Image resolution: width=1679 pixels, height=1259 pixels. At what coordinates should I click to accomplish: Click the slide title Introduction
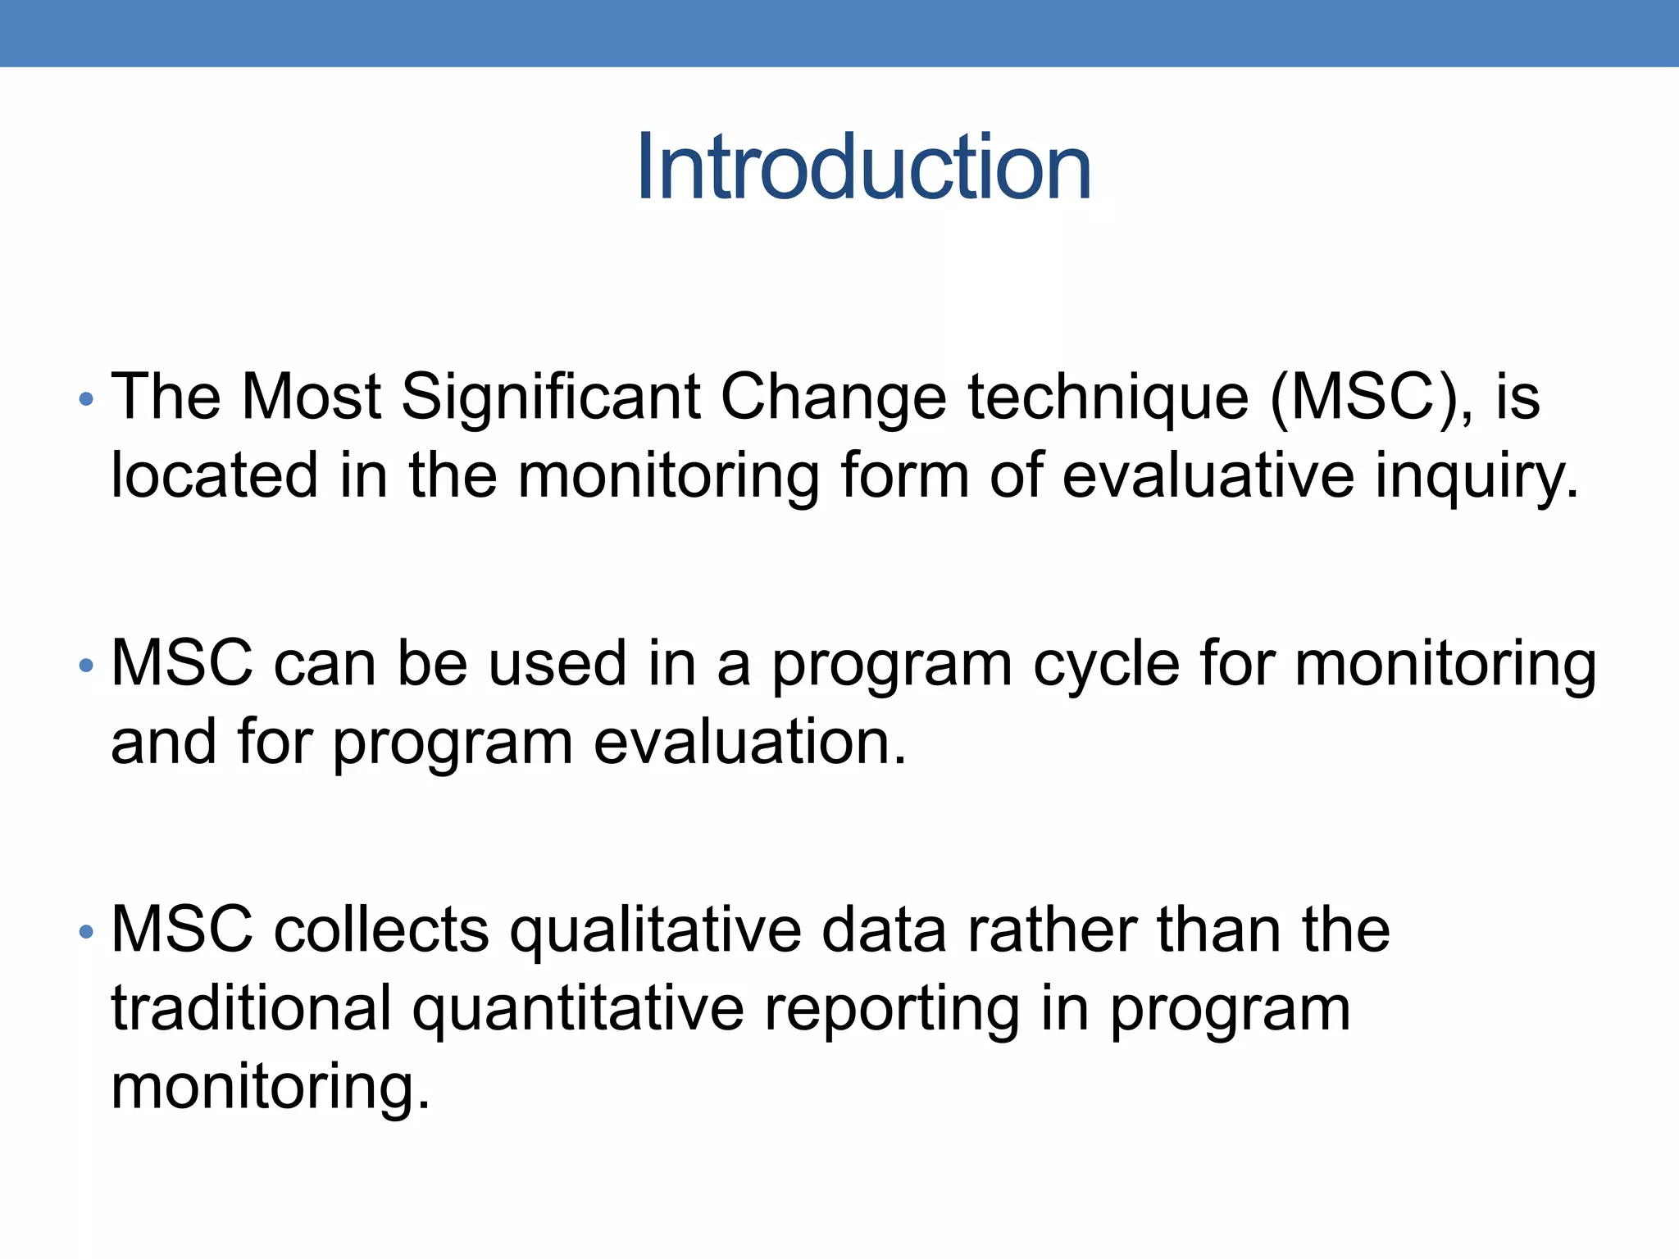click(863, 168)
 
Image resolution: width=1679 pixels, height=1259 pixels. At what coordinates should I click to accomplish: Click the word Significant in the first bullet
click(550, 398)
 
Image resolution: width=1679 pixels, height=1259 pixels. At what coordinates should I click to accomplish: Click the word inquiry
click(1477, 478)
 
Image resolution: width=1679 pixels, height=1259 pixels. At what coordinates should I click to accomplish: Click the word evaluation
click(750, 742)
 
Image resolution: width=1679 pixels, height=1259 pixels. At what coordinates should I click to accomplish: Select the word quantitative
click(578, 1009)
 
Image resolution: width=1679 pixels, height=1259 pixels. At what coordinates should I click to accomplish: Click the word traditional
click(251, 1009)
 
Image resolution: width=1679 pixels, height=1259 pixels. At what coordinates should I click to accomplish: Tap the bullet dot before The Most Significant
click(86, 400)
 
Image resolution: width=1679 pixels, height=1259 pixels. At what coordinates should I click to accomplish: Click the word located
click(214, 476)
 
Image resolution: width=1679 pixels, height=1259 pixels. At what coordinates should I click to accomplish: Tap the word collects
click(381, 930)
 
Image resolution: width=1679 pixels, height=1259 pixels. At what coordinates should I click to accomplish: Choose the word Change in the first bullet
click(833, 398)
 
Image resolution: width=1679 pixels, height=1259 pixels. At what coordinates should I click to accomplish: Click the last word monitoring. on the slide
click(270, 1088)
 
